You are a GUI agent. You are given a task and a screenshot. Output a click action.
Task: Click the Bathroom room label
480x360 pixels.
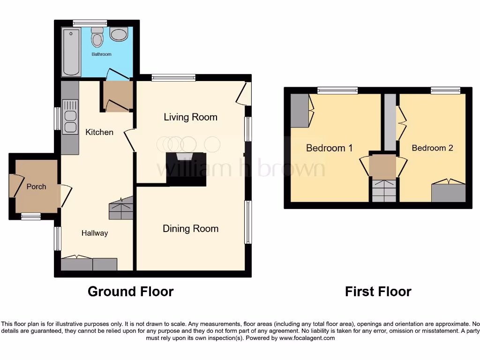(101, 54)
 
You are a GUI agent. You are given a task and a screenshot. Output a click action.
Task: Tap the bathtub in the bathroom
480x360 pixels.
(71, 52)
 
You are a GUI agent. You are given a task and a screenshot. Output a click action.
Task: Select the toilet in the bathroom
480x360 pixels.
(97, 37)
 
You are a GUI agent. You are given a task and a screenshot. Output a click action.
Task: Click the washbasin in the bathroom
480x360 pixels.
(119, 34)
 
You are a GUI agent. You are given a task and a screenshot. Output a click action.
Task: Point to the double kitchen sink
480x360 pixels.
(70, 121)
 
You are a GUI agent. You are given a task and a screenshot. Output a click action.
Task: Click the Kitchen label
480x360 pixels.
(99, 132)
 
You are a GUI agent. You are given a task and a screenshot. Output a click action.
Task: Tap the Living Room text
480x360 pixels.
(190, 117)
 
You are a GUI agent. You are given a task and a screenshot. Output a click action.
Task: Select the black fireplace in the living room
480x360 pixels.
(186, 169)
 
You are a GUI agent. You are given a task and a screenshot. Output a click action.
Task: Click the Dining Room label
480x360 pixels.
(190, 229)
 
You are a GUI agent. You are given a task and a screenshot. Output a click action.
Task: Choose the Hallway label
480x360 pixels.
(95, 233)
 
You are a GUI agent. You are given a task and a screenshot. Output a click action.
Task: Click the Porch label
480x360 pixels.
(36, 187)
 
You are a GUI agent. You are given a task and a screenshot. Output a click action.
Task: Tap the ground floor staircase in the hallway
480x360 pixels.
(121, 209)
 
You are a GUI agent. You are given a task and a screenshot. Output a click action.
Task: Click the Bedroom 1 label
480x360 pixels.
(329, 148)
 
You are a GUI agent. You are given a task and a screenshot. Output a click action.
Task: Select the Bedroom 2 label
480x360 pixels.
(432, 148)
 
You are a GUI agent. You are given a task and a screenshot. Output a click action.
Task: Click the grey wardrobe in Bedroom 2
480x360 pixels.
(448, 193)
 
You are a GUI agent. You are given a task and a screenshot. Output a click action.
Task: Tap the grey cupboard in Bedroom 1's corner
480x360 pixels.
(300, 111)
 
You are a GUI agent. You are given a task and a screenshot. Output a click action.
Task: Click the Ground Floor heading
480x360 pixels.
(130, 292)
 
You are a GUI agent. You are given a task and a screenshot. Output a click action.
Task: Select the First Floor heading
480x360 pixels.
(378, 292)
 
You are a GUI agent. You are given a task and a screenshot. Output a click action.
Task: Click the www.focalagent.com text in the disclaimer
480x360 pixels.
(307, 338)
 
